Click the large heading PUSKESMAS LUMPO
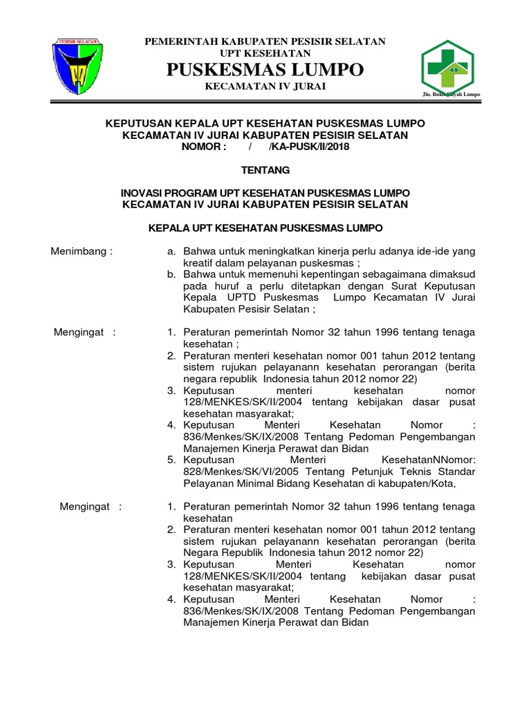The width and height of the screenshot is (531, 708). pyautogui.click(x=265, y=70)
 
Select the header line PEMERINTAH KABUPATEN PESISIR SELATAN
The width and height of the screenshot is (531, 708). pyautogui.click(x=265, y=42)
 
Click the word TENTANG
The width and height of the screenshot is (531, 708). pyautogui.click(x=265, y=170)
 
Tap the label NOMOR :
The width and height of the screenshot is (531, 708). pyautogui.click(x=204, y=147)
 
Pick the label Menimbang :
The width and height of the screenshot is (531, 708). pyautogui.click(x=82, y=252)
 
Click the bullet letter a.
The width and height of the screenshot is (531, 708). pyautogui.click(x=171, y=252)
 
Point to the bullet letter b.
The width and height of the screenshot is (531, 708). pyautogui.click(x=171, y=275)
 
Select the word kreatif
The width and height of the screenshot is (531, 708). pyautogui.click(x=201, y=263)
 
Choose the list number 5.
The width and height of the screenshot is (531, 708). pyautogui.click(x=171, y=460)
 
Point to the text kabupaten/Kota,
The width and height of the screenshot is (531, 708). pyautogui.click(x=422, y=483)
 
